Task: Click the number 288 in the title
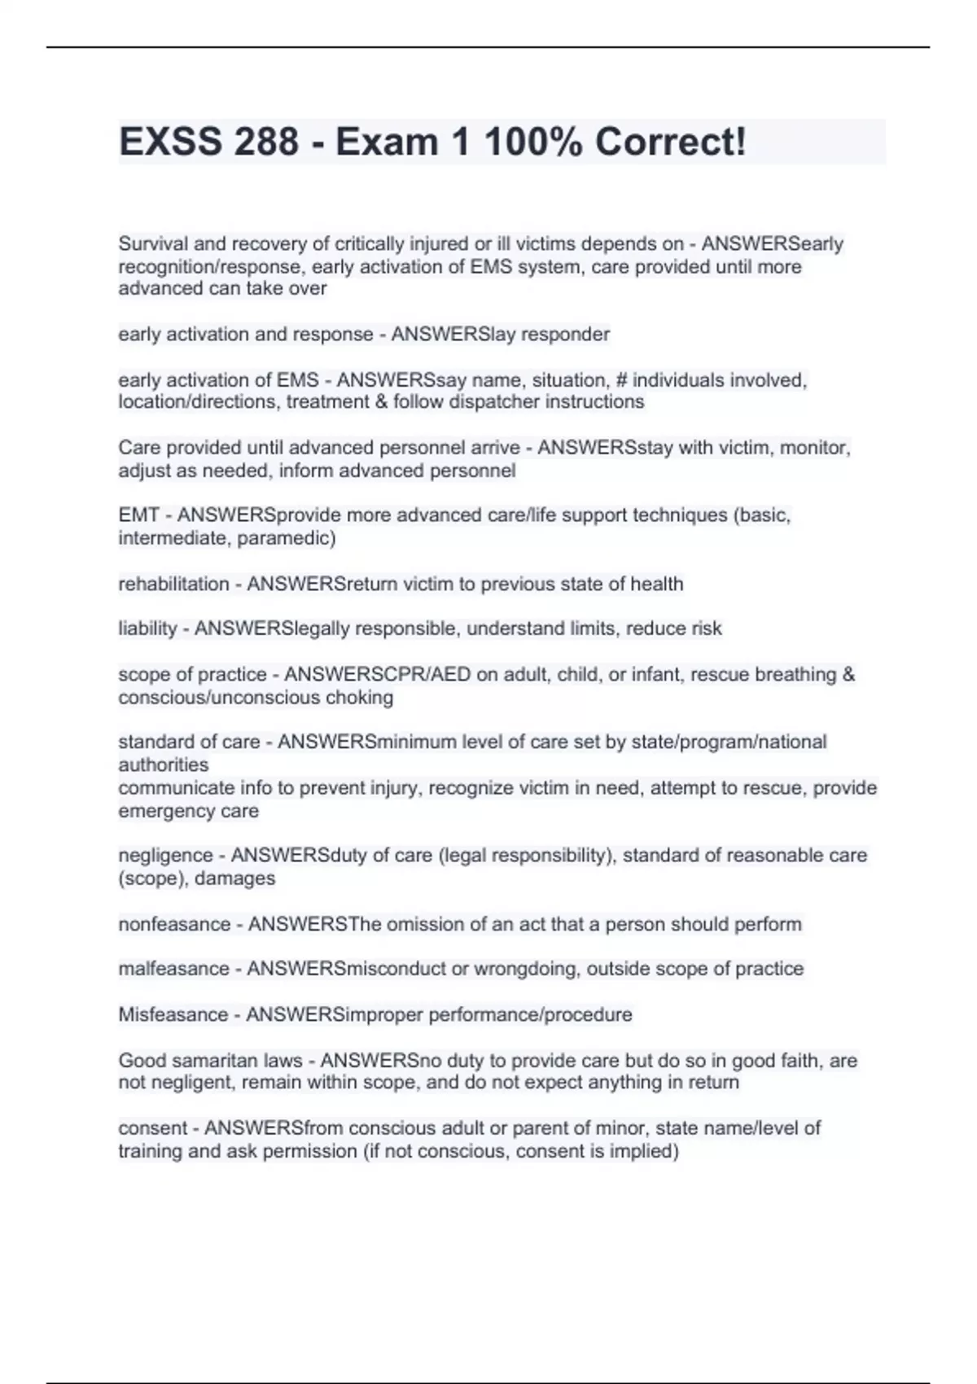click(266, 142)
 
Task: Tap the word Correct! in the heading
click(670, 142)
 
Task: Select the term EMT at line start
click(138, 515)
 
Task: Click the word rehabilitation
click(173, 584)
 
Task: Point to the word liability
click(147, 628)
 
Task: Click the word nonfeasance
click(174, 924)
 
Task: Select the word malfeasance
click(173, 969)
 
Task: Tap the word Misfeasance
click(173, 1014)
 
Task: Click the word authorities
click(163, 764)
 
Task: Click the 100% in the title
click(532, 142)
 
